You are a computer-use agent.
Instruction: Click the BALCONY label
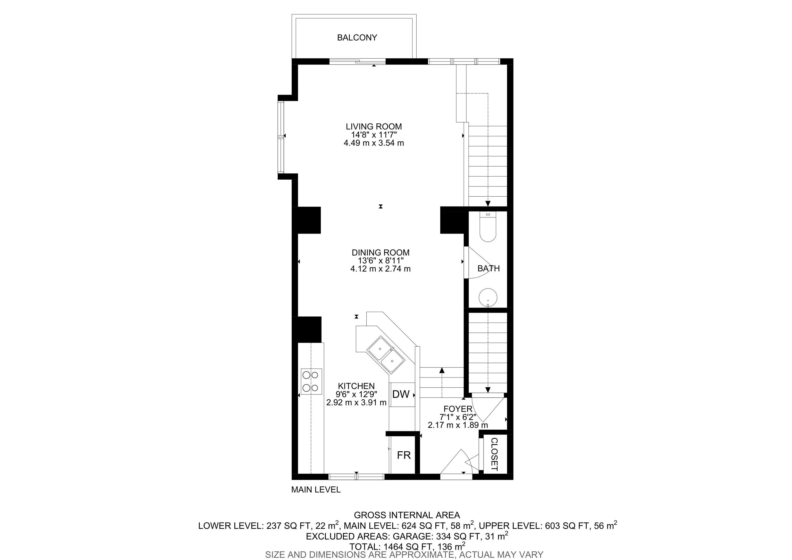pyautogui.click(x=357, y=38)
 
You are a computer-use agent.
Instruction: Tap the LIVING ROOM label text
pyautogui.click(x=374, y=126)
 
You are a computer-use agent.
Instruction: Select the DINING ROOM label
pyautogui.click(x=381, y=252)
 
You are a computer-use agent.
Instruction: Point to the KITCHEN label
pyautogui.click(x=356, y=386)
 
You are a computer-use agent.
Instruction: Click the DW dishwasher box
pyautogui.click(x=401, y=394)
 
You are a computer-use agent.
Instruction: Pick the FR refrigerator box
pyautogui.click(x=403, y=455)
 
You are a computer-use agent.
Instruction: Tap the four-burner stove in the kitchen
pyautogui.click(x=70, y=381)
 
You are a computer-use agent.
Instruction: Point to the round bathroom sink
pyautogui.click(x=488, y=297)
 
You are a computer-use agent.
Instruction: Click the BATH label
pyautogui.click(x=489, y=268)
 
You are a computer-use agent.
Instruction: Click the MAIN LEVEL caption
pyautogui.click(x=316, y=490)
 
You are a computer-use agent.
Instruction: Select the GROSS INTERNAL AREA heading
pyautogui.click(x=407, y=515)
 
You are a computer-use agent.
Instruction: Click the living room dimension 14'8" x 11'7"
pyautogui.click(x=374, y=135)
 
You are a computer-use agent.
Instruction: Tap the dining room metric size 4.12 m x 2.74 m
pyautogui.click(x=381, y=269)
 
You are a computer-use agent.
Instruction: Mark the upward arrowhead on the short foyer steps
pyautogui.click(x=442, y=371)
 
